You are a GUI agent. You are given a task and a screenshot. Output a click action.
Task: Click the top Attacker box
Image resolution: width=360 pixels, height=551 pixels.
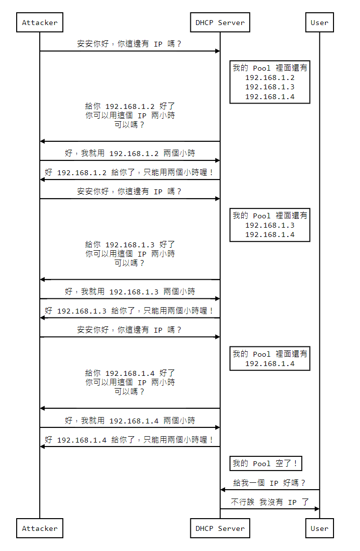pos(40,23)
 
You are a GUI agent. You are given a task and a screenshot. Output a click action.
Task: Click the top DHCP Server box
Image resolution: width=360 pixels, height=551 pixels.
pos(220,23)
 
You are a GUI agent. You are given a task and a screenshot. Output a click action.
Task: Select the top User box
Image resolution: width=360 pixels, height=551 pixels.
pos(319,23)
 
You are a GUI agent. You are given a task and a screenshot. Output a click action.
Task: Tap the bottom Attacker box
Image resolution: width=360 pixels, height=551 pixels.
pos(40,528)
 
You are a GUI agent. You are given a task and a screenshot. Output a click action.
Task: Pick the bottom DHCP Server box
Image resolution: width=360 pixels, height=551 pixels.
pos(220,528)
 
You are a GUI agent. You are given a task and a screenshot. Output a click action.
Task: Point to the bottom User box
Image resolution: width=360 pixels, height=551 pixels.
pos(319,528)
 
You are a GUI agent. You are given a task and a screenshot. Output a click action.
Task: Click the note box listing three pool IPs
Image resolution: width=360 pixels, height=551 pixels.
pos(270,82)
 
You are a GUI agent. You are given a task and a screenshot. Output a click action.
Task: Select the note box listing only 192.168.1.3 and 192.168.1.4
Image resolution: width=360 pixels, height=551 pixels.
pos(270,225)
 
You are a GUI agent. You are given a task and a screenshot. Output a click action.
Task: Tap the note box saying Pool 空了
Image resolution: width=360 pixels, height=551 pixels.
pos(265,464)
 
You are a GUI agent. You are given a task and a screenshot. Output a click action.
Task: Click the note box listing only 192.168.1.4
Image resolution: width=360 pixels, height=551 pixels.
pos(270,359)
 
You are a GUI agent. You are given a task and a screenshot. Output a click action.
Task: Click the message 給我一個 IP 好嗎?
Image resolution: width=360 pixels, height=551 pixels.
pos(269,483)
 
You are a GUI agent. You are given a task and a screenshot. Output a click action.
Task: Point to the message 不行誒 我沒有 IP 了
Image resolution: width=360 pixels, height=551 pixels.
pos(270,502)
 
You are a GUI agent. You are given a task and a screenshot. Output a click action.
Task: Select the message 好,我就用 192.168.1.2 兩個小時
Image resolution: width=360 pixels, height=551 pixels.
pos(130,154)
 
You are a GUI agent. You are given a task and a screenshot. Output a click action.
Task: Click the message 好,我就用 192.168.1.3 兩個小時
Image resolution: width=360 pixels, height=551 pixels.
pos(130,292)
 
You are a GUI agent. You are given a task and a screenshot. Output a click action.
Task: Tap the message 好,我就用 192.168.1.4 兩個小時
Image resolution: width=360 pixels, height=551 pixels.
pos(130,421)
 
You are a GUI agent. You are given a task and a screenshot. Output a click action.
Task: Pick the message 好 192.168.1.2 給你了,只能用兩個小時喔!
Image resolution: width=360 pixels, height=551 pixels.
pos(130,173)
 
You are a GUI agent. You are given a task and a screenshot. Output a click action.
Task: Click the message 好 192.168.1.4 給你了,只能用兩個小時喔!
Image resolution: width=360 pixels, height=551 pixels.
pos(130,440)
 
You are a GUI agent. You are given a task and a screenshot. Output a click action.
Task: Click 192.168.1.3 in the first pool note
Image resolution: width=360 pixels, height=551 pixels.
pos(270,87)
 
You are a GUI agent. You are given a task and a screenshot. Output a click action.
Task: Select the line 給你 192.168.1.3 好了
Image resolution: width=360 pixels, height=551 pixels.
pos(130,244)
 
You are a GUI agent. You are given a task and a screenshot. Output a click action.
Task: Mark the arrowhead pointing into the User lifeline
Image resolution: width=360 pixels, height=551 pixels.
pos(317,509)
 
